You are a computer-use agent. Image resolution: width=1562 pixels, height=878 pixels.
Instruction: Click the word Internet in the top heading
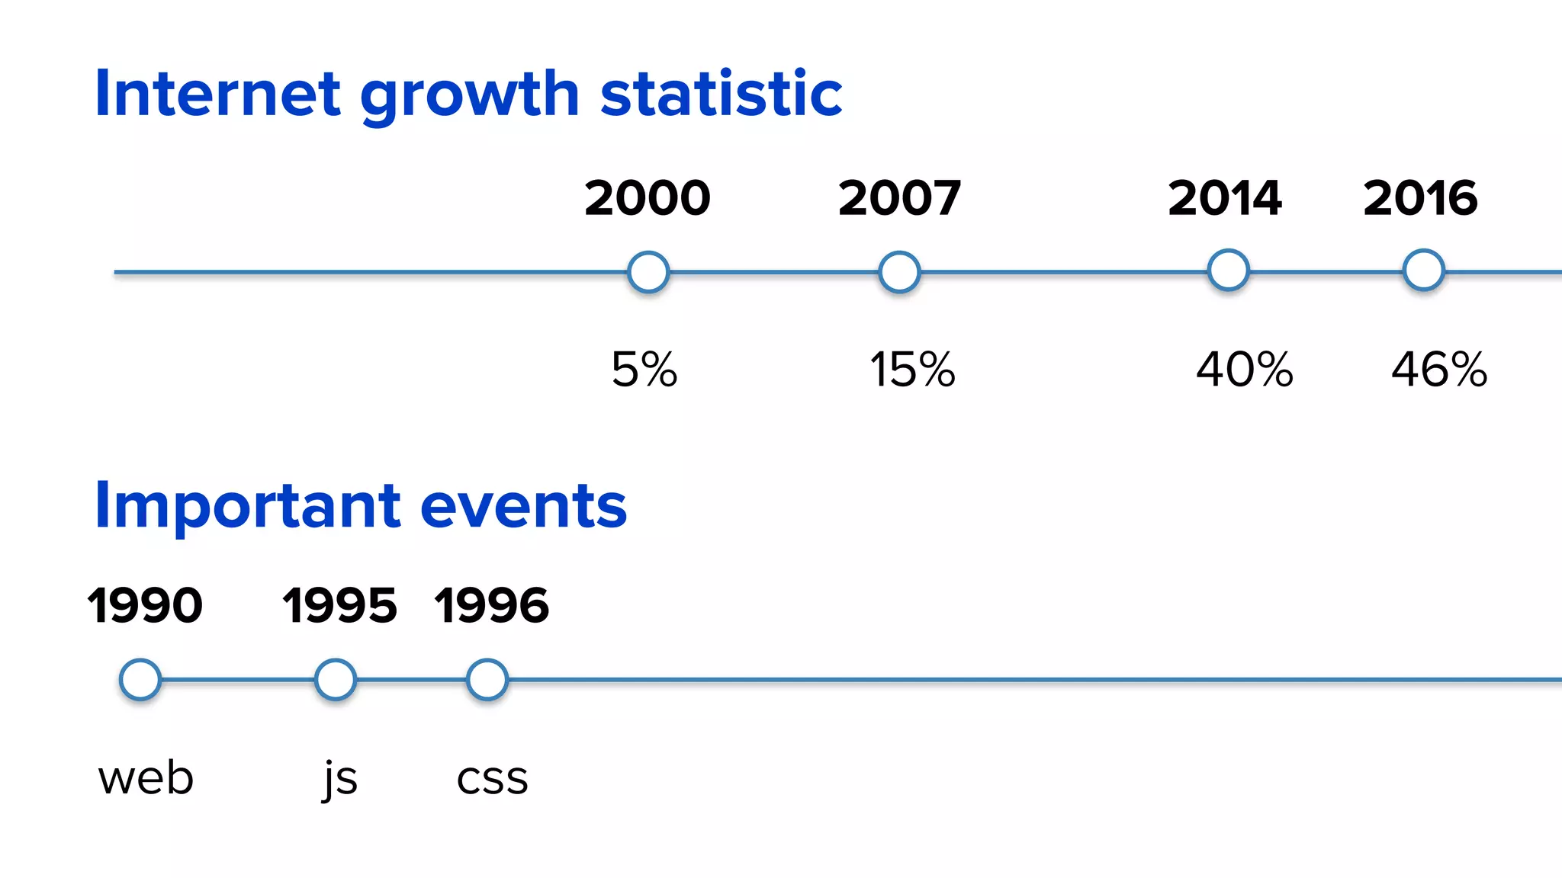[217, 95]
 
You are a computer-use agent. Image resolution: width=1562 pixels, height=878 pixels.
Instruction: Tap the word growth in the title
[469, 98]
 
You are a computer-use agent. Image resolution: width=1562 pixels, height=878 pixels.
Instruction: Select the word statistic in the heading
[721, 95]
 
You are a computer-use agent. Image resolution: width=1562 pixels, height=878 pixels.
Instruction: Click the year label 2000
[648, 198]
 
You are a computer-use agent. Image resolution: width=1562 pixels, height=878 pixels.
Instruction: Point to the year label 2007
[899, 198]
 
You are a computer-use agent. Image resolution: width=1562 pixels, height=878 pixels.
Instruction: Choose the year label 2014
[1225, 198]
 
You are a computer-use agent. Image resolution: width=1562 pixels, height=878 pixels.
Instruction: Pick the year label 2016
[1420, 198]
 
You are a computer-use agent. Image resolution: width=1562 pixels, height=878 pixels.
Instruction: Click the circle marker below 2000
[648, 272]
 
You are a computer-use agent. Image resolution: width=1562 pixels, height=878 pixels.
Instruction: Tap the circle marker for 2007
[899, 272]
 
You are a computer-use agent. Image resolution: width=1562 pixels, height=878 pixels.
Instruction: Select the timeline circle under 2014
[1228, 271]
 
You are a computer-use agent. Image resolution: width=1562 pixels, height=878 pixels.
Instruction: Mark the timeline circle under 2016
[1423, 271]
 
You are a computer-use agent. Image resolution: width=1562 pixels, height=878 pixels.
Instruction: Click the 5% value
[644, 370]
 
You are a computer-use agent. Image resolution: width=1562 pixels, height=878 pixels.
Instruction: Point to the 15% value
[912, 370]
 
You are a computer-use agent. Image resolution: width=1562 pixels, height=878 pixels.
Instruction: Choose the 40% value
[1245, 370]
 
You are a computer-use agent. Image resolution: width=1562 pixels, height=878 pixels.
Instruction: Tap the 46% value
[1439, 370]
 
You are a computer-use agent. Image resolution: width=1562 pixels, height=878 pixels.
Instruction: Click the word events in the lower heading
[523, 506]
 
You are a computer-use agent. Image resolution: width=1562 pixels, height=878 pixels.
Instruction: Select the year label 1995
[339, 606]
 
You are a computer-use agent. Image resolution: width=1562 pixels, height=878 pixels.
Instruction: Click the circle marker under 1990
[140, 679]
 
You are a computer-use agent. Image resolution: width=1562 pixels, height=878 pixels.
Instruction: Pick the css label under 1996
[492, 780]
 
